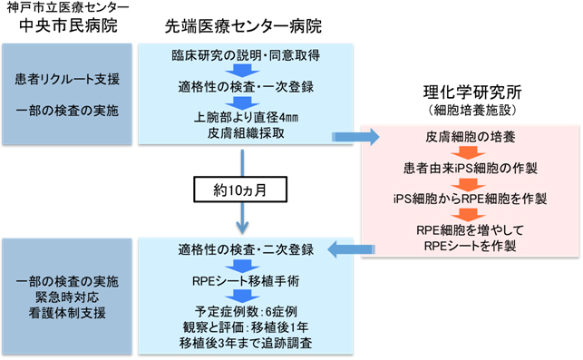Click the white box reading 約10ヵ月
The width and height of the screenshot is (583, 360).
click(x=242, y=192)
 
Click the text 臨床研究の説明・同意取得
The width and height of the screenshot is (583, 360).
click(x=243, y=55)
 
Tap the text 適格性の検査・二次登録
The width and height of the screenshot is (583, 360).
click(x=243, y=248)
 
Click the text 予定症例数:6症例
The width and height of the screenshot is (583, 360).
click(x=243, y=311)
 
